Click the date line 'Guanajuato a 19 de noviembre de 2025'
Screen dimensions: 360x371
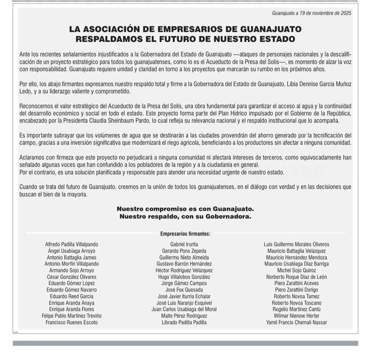click(x=312, y=13)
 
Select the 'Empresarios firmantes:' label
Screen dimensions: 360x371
click(x=185, y=234)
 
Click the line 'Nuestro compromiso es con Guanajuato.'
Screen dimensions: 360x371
click(x=185, y=209)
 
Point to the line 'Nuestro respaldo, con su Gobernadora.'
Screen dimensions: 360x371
click(x=185, y=216)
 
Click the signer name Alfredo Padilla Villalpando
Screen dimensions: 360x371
click(x=72, y=244)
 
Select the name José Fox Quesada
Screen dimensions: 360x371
click(x=184, y=290)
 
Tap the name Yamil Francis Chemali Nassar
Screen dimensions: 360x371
click(x=296, y=322)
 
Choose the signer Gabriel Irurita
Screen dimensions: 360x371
click(x=184, y=244)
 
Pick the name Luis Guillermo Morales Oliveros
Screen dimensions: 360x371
click(x=296, y=244)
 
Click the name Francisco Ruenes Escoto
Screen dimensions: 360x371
click(x=72, y=322)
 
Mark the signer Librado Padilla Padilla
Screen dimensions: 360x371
click(x=184, y=322)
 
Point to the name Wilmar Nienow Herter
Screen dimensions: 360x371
click(x=296, y=316)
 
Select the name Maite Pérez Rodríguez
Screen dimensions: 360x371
click(x=184, y=316)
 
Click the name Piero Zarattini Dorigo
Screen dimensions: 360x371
click(x=296, y=290)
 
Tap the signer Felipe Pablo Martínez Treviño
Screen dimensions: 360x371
click(x=72, y=316)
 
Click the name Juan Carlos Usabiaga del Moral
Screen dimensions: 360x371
click(x=184, y=309)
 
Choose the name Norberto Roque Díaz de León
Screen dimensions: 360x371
click(x=296, y=277)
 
